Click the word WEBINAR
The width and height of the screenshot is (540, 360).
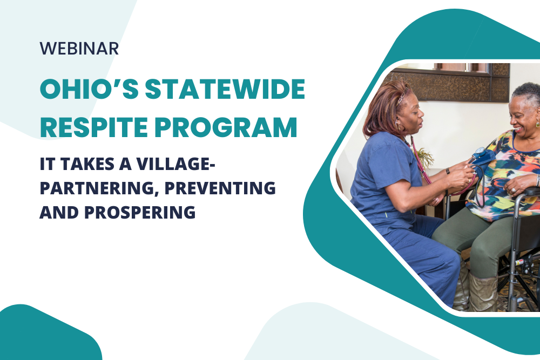pos(79,49)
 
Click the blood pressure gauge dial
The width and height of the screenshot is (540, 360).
pos(479,153)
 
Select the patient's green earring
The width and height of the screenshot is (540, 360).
pos(537,123)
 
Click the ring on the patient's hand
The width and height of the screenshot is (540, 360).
pos(514,189)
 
